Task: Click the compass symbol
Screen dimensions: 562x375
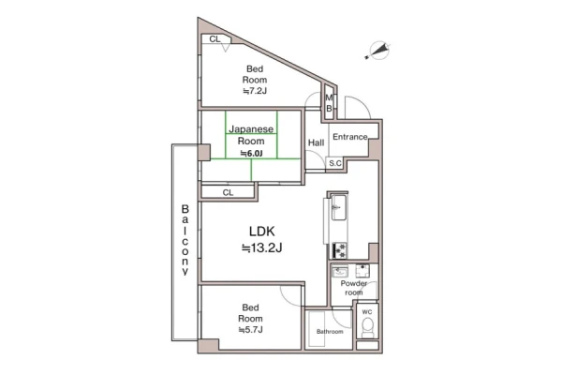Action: (x=378, y=51)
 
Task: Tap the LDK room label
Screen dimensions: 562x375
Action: (x=262, y=232)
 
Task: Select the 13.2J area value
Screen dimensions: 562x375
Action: (x=262, y=247)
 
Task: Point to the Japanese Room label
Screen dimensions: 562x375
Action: (x=251, y=135)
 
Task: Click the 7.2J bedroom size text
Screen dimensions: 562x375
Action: (x=255, y=91)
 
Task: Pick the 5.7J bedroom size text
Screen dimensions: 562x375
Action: (x=250, y=329)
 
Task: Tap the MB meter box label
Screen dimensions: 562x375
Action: (x=329, y=103)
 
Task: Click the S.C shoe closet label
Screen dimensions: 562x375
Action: (x=335, y=163)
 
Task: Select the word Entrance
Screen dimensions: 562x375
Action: (x=350, y=137)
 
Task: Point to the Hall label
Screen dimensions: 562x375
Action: (x=317, y=142)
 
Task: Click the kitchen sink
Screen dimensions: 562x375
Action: (x=338, y=207)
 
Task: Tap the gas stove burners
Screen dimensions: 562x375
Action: (x=339, y=250)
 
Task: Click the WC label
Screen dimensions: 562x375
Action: (x=367, y=312)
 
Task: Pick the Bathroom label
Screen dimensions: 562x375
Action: (x=330, y=332)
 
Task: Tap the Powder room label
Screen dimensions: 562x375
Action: (x=354, y=288)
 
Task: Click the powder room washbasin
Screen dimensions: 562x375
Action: (x=339, y=272)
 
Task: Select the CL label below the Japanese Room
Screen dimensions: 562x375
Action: (x=228, y=193)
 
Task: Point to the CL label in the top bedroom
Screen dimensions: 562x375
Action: (x=214, y=39)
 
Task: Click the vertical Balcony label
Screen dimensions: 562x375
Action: (x=185, y=240)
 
